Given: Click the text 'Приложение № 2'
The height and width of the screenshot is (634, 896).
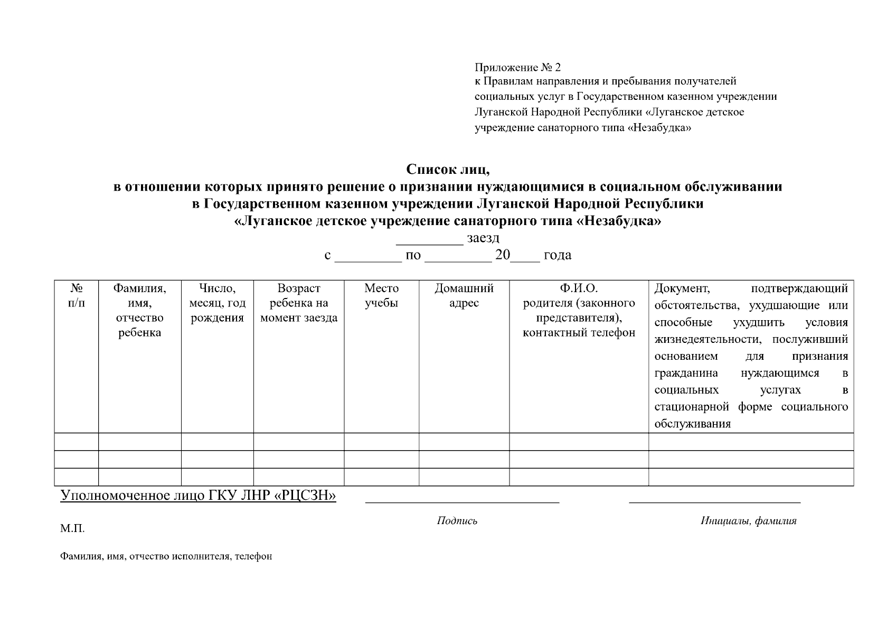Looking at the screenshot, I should pyautogui.click(x=517, y=67).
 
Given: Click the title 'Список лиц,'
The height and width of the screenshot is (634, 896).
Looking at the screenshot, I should pyautogui.click(x=448, y=170).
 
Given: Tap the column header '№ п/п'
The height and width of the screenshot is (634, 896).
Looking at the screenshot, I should pyautogui.click(x=77, y=295).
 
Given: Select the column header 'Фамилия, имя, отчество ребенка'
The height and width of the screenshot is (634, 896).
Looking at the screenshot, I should pyautogui.click(x=139, y=310).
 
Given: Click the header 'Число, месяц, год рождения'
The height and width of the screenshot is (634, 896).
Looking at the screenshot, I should pyautogui.click(x=218, y=303).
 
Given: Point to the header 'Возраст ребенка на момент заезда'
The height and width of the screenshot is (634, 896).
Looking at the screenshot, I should pyautogui.click(x=299, y=303).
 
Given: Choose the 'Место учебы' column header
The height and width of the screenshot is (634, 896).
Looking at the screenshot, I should pyautogui.click(x=381, y=295).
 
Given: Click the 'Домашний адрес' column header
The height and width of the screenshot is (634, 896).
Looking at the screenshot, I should pyautogui.click(x=464, y=295).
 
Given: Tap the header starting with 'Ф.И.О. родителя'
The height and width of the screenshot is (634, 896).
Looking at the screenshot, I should pyautogui.click(x=579, y=310).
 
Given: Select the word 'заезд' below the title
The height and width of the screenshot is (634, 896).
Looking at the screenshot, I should pyautogui.click(x=483, y=238).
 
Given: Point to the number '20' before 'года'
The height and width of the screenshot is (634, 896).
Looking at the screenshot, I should pyautogui.click(x=502, y=255).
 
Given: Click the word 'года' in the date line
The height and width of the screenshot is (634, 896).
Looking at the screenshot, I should pyautogui.click(x=557, y=255).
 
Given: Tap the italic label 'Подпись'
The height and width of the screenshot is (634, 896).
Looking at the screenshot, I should pyautogui.click(x=457, y=521).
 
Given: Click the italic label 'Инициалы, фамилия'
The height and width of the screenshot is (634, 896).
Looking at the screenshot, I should pyautogui.click(x=748, y=521).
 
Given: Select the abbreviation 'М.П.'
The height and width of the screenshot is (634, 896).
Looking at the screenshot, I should pyautogui.click(x=72, y=529).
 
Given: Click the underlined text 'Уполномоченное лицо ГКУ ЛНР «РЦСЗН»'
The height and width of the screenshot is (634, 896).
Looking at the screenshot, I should pyautogui.click(x=198, y=496).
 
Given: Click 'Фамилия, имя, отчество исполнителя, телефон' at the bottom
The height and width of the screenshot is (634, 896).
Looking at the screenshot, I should pyautogui.click(x=166, y=556).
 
